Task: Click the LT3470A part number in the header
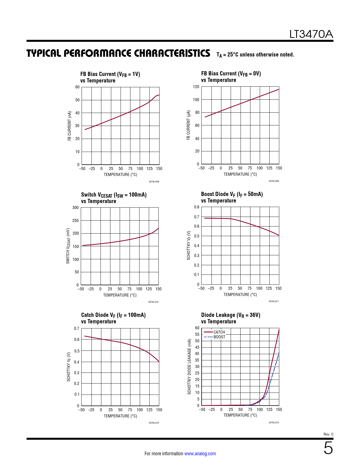[x=311, y=34]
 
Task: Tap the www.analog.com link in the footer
[x=200, y=454]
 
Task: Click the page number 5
[x=328, y=448]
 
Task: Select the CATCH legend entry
[x=219, y=332]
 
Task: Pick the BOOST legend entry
[x=219, y=337]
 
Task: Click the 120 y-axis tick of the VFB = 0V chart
[x=196, y=87]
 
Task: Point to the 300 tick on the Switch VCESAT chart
[x=76, y=208]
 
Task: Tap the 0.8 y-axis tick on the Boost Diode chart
[x=197, y=207]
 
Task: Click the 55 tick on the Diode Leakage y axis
[x=197, y=334]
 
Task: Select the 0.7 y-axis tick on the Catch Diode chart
[x=77, y=328]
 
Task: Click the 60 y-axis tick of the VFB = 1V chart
[x=77, y=87]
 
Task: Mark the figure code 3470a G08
[x=154, y=182]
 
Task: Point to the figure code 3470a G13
[x=274, y=423]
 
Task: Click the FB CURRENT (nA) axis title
[x=69, y=126]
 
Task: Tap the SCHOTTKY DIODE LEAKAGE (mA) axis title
[x=189, y=367]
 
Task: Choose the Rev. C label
[x=328, y=434]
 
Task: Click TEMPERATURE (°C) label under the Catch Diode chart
[x=120, y=416]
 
